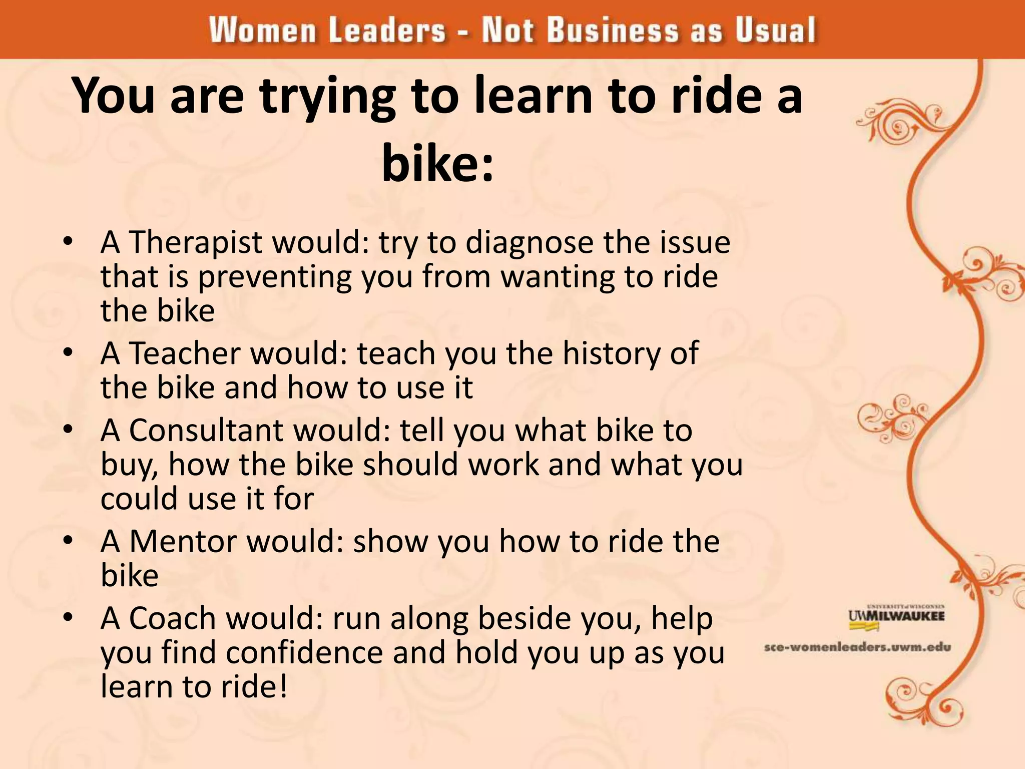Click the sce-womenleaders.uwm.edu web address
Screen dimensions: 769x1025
(x=857, y=647)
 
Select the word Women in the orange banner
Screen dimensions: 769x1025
(x=262, y=30)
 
